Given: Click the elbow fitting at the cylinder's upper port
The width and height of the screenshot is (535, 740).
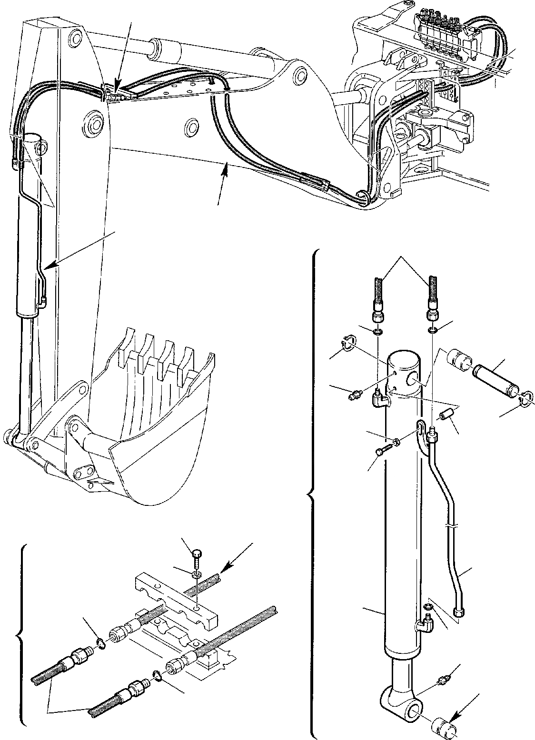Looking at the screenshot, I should point(379,399).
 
